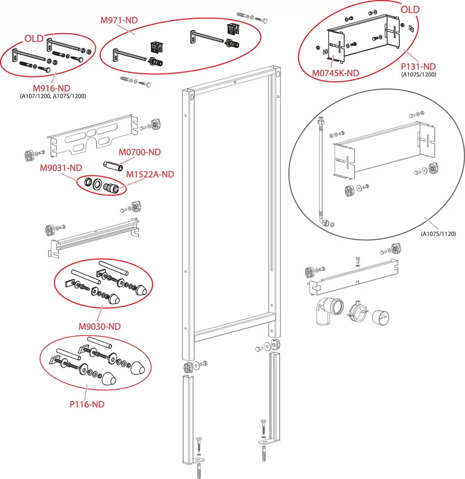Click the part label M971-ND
[119, 20]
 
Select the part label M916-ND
[51, 88]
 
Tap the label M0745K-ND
[335, 73]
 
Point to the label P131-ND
[418, 66]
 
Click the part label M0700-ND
[140, 152]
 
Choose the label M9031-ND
[61, 168]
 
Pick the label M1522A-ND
[150, 175]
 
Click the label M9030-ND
[100, 326]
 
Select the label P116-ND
[87, 404]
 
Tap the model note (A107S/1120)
[438, 234]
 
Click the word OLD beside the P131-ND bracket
[410, 10]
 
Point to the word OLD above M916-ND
[34, 39]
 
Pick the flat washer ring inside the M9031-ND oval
[97, 184]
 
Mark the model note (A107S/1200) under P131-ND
[418, 75]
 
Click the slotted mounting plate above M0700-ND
[93, 136]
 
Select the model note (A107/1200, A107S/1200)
[53, 96]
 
